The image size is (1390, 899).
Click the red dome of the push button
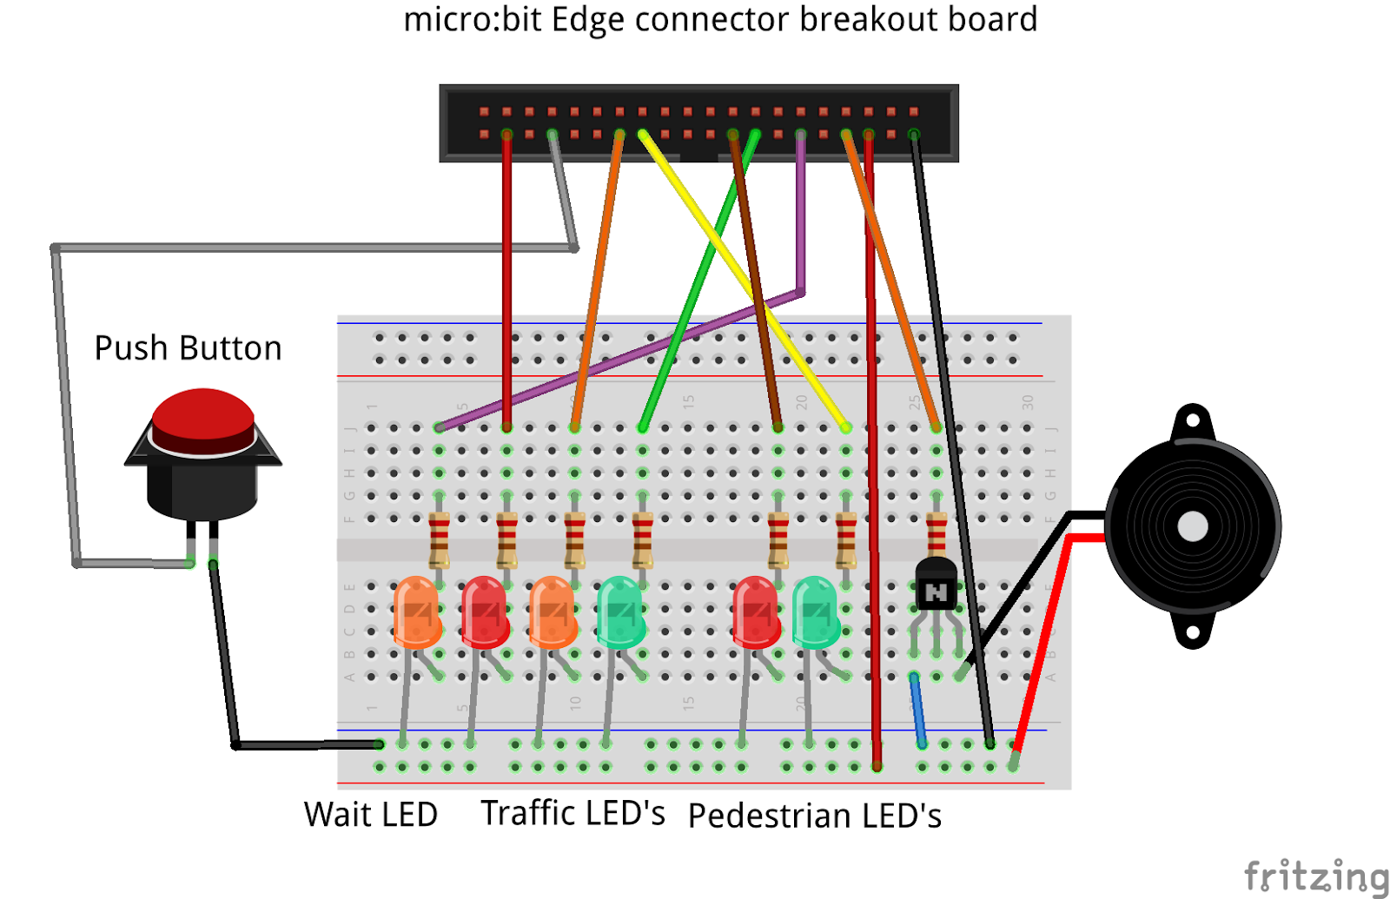[203, 416]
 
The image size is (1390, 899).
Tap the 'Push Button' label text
[188, 348]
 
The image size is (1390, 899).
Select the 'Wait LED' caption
[371, 815]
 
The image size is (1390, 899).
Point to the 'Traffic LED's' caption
[573, 814]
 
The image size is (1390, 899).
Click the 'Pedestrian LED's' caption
[814, 816]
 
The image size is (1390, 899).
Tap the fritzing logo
[1315, 876]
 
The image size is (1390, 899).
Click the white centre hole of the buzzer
[1192, 526]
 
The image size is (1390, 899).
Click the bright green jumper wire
[695, 287]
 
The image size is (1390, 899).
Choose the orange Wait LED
[417, 611]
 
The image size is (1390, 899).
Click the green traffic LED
[620, 611]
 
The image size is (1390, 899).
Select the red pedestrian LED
[756, 611]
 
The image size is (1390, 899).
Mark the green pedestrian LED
[815, 611]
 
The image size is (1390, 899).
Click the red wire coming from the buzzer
[1042, 643]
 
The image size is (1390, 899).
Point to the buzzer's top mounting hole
[1192, 421]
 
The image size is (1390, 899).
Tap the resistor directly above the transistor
[936, 532]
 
